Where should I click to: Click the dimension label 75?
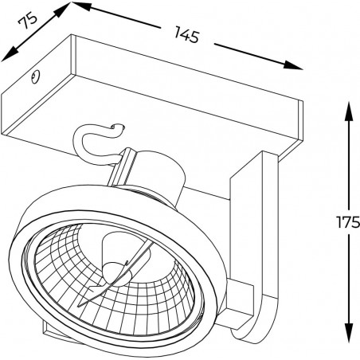[x=28, y=22]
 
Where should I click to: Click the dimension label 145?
[x=187, y=35]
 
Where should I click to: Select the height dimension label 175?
[x=348, y=222]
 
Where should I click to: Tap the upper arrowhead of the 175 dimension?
[x=349, y=112]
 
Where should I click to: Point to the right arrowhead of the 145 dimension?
[x=292, y=65]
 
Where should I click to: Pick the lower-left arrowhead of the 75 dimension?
[x=10, y=54]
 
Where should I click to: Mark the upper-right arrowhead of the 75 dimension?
[x=62, y=10]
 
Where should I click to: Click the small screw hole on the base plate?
[x=35, y=76]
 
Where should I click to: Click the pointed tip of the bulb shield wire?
[x=79, y=305]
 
